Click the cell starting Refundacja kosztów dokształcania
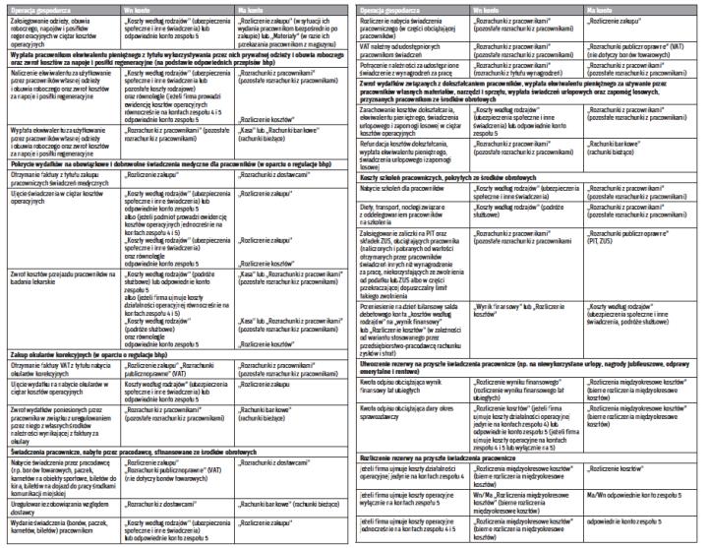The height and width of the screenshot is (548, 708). [x=413, y=149]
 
